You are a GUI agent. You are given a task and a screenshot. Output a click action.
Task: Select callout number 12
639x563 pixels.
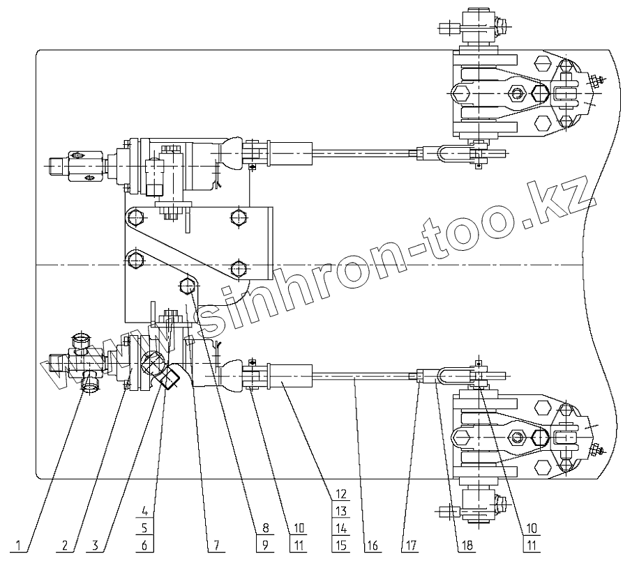click(x=340, y=494)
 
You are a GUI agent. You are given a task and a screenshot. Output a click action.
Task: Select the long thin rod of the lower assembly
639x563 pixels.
click(x=363, y=377)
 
